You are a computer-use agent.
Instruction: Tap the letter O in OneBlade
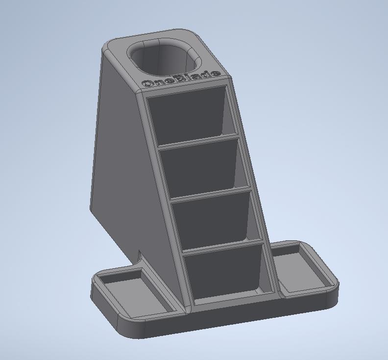coord(147,83)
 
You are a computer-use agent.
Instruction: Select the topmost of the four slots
coord(189,116)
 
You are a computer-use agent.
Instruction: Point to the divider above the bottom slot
coord(223,246)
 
